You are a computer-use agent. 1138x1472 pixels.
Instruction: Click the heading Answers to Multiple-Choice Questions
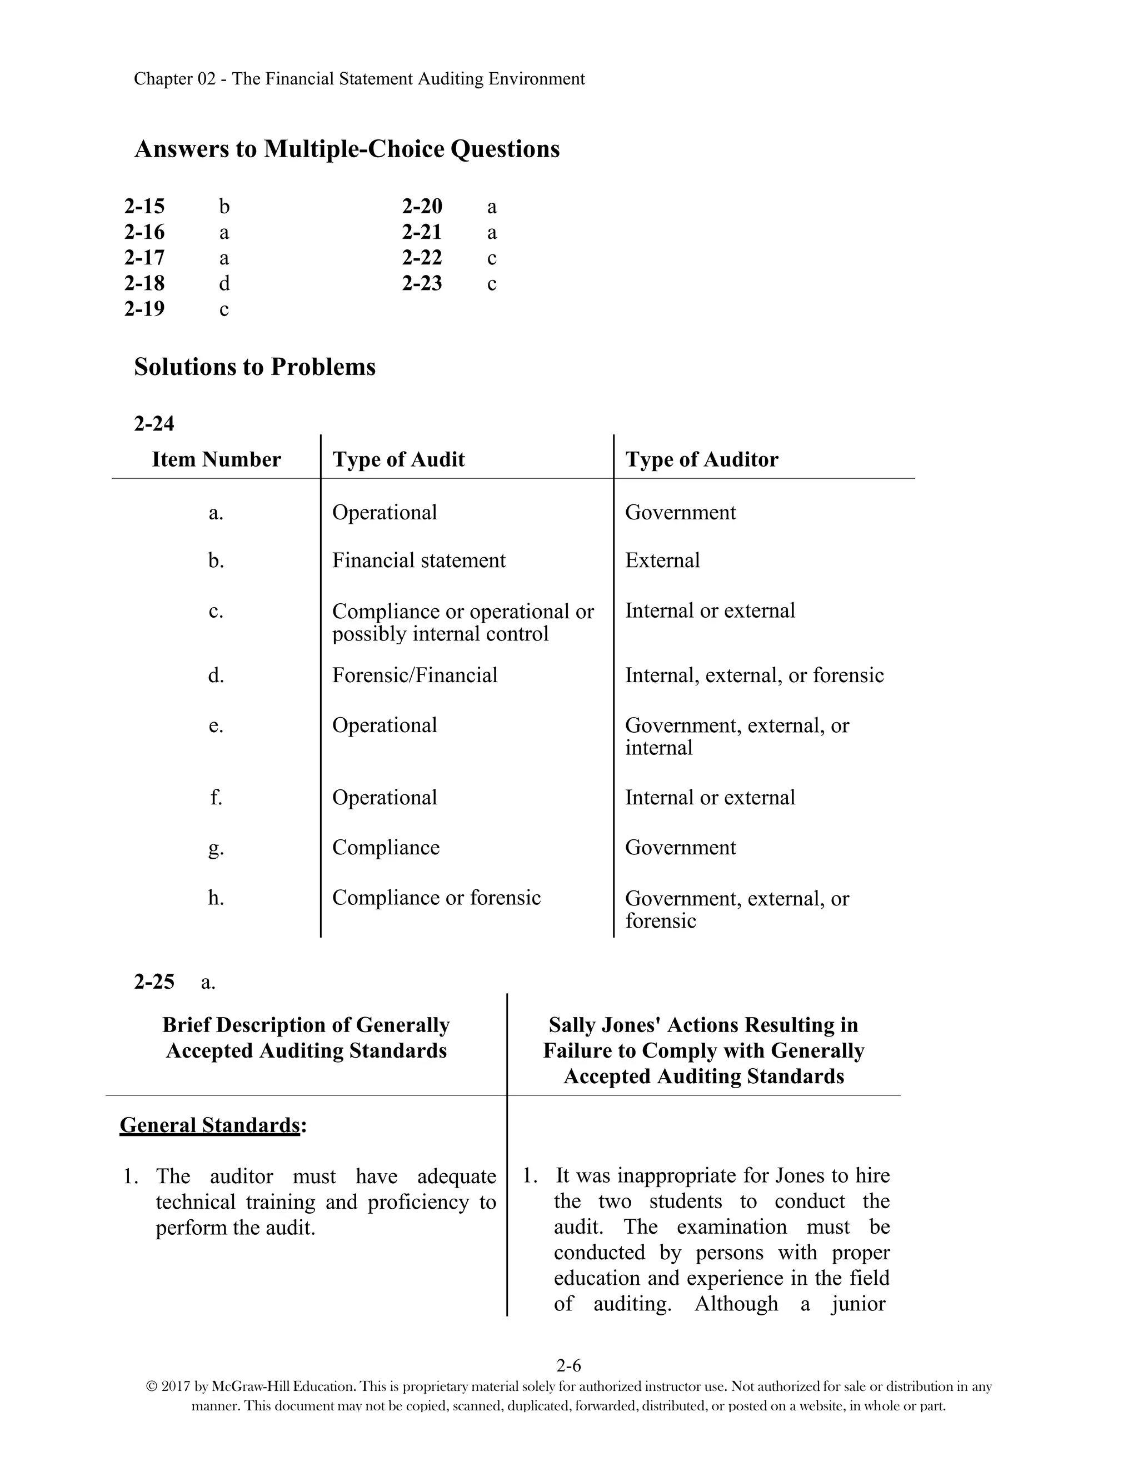(x=347, y=149)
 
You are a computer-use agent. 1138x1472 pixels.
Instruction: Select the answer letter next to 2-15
(x=224, y=206)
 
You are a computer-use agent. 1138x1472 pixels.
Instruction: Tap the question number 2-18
(x=144, y=283)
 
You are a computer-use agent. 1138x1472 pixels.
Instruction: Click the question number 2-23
(x=422, y=283)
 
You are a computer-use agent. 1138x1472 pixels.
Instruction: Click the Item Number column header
(x=216, y=460)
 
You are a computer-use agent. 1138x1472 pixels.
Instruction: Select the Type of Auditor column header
(x=701, y=460)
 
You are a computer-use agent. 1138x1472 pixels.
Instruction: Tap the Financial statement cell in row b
(x=418, y=561)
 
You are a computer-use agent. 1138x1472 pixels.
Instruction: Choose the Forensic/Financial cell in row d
(x=415, y=675)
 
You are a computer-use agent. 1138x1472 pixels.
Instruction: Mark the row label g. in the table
(x=216, y=848)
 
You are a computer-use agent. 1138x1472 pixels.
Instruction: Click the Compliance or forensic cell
(x=436, y=898)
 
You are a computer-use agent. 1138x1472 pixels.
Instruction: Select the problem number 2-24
(x=154, y=423)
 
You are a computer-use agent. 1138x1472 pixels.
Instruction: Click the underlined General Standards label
(x=209, y=1125)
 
